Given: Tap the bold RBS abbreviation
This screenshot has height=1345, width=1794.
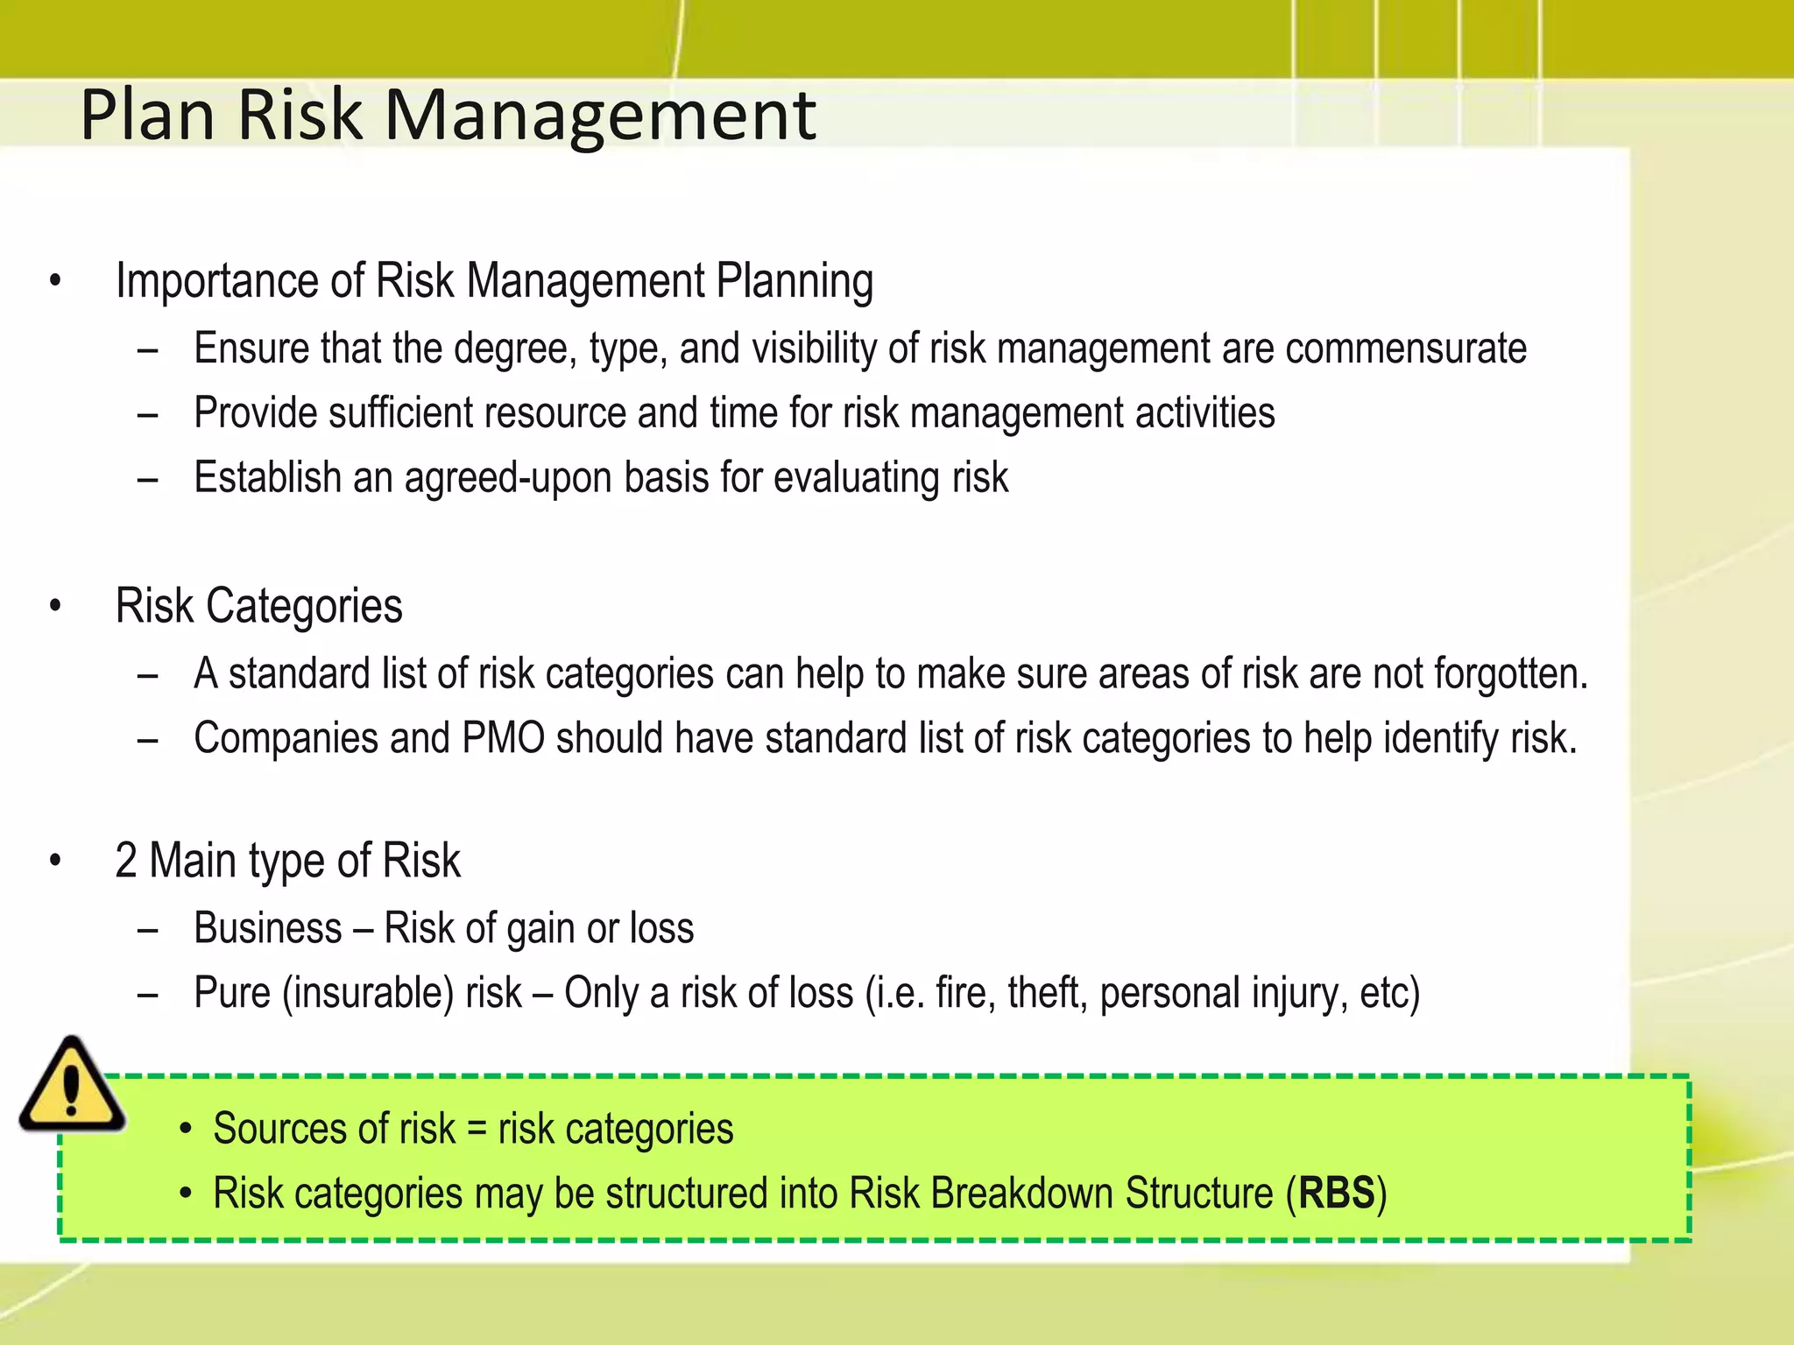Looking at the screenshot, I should coord(1336,1194).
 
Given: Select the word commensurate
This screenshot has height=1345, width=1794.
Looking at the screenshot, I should coord(1406,349).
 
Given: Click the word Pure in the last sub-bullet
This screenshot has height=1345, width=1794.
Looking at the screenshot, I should coord(232,993).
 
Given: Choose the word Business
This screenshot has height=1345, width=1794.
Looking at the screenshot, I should coord(267,928).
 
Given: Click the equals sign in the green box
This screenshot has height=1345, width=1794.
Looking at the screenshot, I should coord(477,1129).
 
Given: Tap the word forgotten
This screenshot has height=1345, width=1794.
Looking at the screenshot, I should coord(1510,674).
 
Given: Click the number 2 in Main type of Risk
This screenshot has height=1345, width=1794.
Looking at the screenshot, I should coord(126,861).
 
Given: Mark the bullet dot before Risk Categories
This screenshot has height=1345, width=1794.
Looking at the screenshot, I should coord(56,607).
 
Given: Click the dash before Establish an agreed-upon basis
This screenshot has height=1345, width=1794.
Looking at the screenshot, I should coord(147,479).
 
